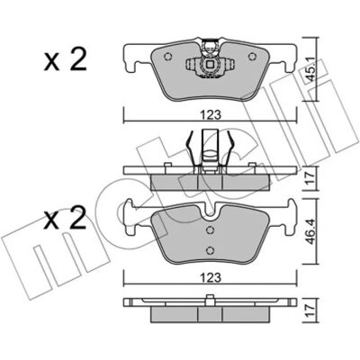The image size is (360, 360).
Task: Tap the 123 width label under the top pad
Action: coord(211,114)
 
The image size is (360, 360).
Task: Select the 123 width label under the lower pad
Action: coord(211,278)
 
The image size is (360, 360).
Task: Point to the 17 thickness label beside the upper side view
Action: coord(310,179)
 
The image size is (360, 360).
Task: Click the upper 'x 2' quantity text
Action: coord(65,60)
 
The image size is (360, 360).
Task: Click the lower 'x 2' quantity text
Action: coord(65,219)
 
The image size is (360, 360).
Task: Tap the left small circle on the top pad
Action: coord(168,57)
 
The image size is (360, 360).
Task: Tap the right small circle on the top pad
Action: coord(253,57)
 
